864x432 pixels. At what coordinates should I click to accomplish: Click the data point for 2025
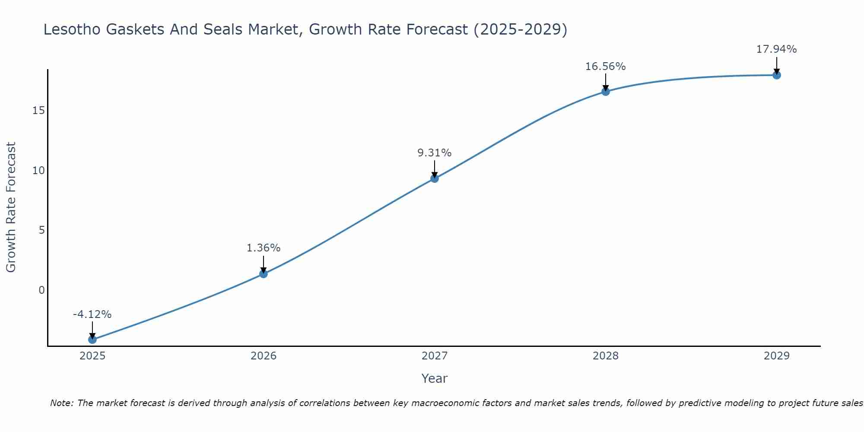click(92, 340)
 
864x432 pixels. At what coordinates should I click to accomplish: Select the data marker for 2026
click(264, 273)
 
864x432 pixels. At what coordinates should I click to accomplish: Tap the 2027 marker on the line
click(435, 178)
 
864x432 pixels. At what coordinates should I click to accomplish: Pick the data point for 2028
click(606, 92)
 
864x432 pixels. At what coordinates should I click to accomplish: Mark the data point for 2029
click(777, 75)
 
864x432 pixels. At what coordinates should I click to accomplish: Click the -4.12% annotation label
click(92, 314)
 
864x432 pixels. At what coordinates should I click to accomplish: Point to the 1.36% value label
click(264, 248)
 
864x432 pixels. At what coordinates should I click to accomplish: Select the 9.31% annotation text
click(435, 153)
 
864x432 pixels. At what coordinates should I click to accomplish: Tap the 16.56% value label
click(606, 67)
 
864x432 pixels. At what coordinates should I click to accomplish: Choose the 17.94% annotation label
click(777, 49)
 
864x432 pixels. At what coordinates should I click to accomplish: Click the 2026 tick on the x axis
click(264, 356)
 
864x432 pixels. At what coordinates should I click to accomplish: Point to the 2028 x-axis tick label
click(606, 356)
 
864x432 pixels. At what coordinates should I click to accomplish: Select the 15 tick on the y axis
click(38, 111)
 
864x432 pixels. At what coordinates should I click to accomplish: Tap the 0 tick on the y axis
click(41, 290)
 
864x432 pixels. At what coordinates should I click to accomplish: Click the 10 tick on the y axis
click(38, 170)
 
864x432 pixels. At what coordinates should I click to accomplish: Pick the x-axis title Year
click(435, 378)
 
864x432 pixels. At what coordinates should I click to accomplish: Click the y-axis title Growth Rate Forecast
click(11, 207)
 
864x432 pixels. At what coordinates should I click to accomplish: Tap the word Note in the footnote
click(61, 403)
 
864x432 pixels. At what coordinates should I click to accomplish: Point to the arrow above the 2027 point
click(435, 169)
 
